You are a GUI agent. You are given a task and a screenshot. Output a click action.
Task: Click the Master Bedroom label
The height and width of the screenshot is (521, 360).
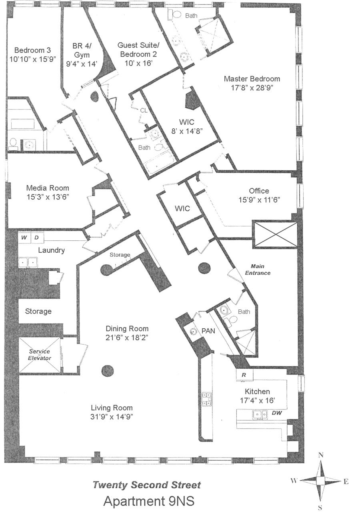point(252,79)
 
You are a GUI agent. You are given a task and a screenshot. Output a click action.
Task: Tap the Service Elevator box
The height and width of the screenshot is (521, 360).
point(39,355)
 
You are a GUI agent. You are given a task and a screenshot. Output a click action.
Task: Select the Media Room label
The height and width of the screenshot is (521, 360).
point(48,188)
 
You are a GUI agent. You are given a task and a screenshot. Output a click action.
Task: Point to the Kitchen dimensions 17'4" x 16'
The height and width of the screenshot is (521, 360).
point(257,400)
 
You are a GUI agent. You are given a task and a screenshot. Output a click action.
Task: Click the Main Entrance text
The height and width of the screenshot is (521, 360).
point(258,269)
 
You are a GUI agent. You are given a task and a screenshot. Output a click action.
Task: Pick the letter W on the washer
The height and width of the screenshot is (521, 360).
point(24,238)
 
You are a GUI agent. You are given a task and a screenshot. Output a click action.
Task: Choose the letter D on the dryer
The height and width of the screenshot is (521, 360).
point(36,238)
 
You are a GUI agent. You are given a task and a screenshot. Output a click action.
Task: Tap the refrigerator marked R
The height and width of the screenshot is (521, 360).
point(244,375)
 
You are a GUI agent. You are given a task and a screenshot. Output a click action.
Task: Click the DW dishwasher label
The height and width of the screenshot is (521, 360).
point(277,413)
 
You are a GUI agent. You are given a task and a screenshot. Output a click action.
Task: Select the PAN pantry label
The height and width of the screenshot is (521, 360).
point(208,331)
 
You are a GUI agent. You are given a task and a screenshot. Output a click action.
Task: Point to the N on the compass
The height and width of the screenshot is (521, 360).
point(321,455)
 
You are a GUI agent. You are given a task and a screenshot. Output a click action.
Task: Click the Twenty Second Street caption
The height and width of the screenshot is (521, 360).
point(147,485)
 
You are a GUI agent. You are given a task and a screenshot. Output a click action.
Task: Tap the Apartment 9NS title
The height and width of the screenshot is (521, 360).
point(149,501)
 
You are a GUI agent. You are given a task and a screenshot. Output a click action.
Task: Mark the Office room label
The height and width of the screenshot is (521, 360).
point(259,191)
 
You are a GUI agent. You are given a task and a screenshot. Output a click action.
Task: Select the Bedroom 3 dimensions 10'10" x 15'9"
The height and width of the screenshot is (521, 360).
point(32,59)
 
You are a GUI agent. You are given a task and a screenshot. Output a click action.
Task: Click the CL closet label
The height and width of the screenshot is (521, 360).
point(144,110)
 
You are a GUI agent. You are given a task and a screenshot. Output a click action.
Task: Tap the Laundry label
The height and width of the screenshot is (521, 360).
point(51,250)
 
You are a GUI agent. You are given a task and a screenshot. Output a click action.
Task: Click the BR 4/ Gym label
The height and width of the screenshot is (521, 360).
point(82,55)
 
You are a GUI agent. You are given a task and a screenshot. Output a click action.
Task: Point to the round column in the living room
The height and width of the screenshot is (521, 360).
point(108,371)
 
